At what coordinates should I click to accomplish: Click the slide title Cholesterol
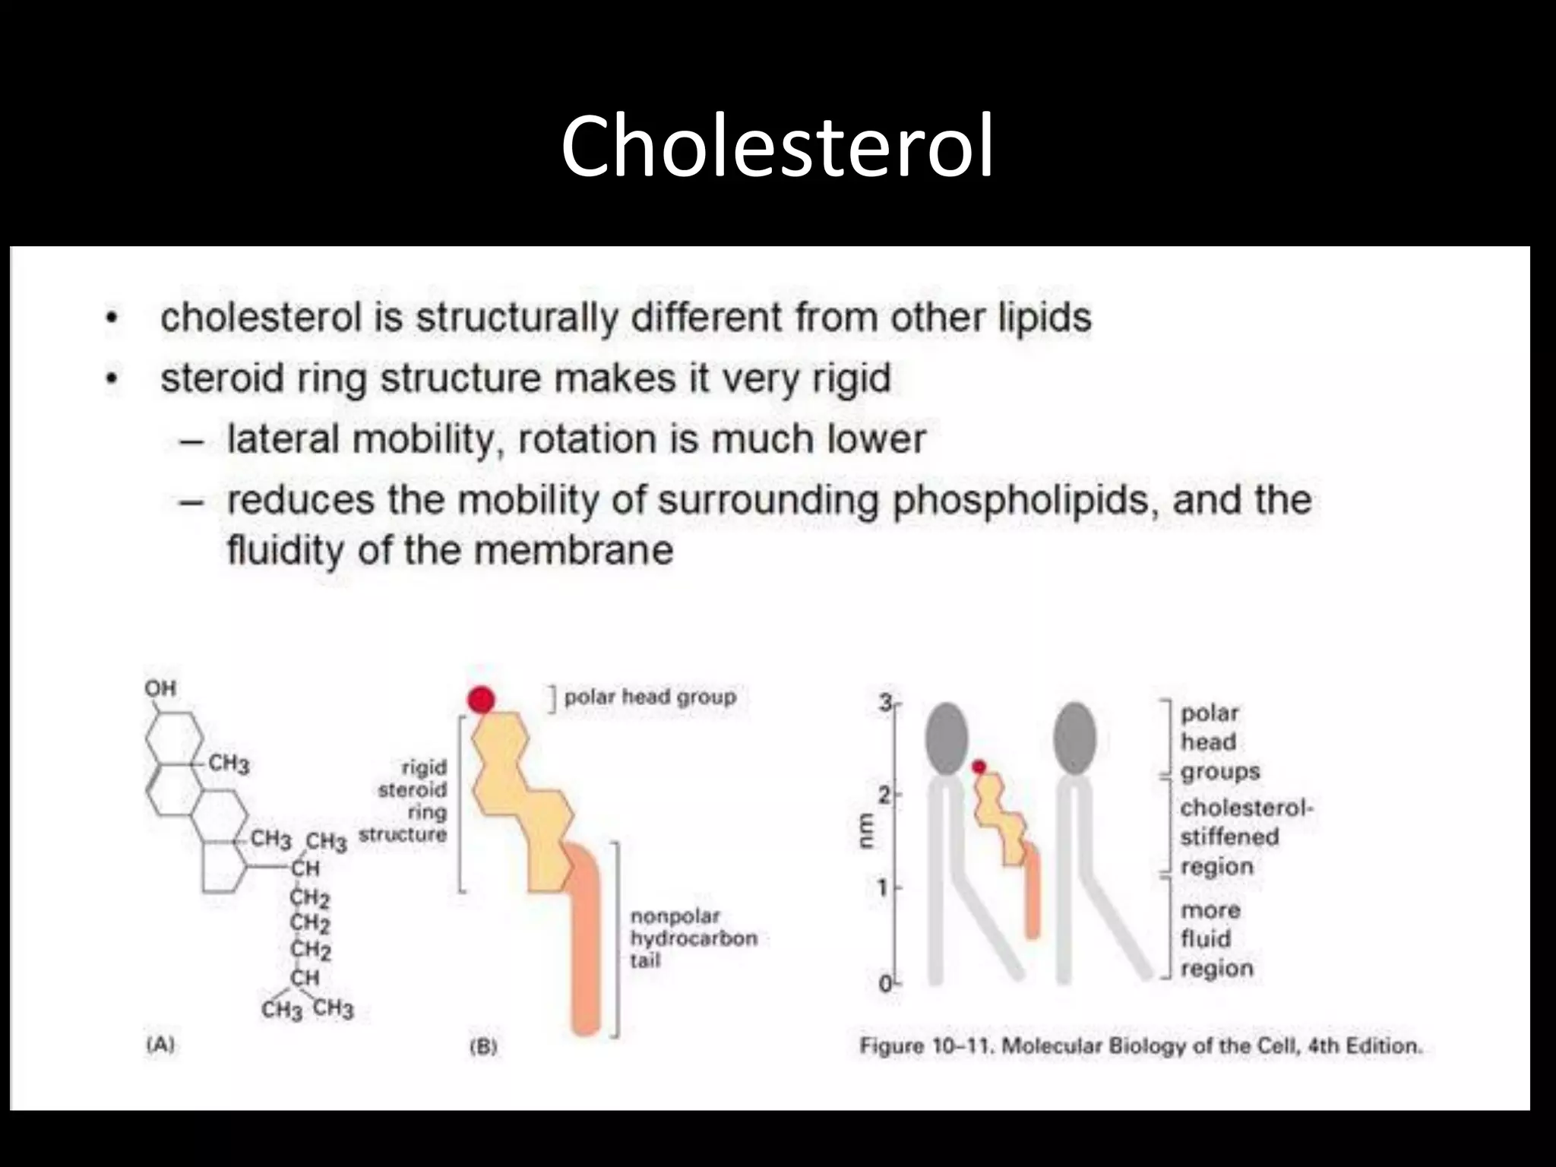tap(777, 146)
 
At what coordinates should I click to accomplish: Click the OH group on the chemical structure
tap(160, 688)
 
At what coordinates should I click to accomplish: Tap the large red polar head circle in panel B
tap(481, 700)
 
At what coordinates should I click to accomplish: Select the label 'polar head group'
tap(650, 697)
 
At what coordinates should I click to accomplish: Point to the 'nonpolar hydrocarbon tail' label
tap(693, 938)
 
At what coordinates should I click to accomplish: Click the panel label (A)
tap(160, 1044)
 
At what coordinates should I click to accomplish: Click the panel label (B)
tap(483, 1046)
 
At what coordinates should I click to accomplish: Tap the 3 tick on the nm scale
tap(886, 703)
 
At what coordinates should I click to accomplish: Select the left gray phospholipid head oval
tap(946, 738)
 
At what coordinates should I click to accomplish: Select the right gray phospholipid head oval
tap(1075, 738)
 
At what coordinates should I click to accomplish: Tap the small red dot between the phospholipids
tap(979, 767)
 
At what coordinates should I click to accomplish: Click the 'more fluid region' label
tap(1216, 939)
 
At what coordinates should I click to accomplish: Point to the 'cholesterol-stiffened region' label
tap(1246, 837)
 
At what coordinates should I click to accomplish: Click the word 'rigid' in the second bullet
tap(851, 378)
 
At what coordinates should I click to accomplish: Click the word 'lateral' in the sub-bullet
tap(283, 439)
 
